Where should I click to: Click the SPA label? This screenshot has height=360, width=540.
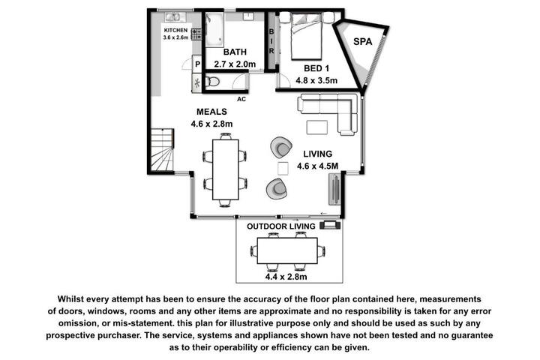point(363,42)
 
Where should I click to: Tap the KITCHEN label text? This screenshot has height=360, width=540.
point(175,30)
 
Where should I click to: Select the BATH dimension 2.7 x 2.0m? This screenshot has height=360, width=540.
point(235,64)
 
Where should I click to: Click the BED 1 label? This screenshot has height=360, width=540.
point(316,68)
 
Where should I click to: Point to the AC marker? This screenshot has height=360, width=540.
point(241,99)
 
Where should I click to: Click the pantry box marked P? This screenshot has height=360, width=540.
point(197,64)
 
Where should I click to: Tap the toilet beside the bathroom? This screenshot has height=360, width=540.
point(212,82)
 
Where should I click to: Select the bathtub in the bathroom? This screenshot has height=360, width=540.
point(214,29)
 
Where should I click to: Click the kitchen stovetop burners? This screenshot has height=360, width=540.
point(196,34)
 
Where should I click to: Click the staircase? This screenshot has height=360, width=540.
point(162,149)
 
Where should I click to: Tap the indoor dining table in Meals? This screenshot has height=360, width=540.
point(226,169)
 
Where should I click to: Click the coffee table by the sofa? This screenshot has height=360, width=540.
point(317,127)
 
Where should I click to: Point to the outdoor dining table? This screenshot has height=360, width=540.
point(287,250)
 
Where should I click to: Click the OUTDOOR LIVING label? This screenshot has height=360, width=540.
point(281,226)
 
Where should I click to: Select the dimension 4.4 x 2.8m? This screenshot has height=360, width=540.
point(286,277)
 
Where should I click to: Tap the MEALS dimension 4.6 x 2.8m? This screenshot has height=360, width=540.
point(211,124)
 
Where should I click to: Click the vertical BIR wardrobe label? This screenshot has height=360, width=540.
point(271,41)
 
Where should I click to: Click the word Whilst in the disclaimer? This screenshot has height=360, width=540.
point(70,299)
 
